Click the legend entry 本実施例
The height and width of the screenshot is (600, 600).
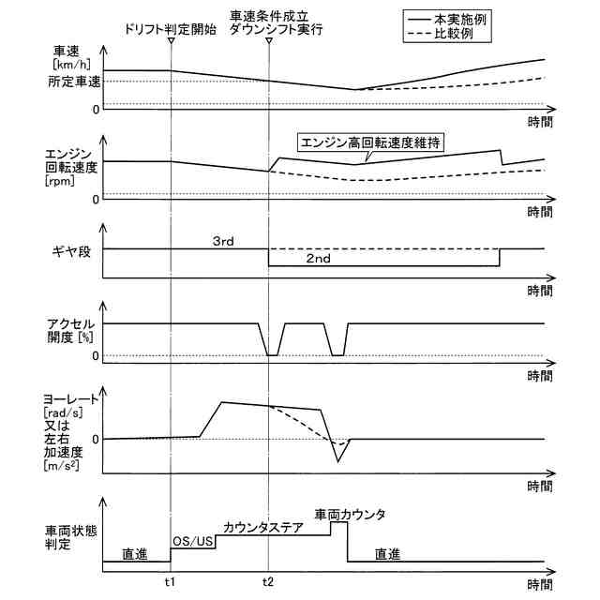pyautogui.click(x=477, y=18)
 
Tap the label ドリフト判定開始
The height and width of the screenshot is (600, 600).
pyautogui.click(x=171, y=29)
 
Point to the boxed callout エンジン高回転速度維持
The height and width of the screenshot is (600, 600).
pyautogui.click(x=370, y=142)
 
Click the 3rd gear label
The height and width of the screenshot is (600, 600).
pyautogui.click(x=223, y=241)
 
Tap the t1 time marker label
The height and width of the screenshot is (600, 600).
pyautogui.click(x=170, y=580)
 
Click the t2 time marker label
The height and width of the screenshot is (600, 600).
pyautogui.click(x=269, y=580)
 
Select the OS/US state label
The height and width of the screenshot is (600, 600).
pyautogui.click(x=193, y=542)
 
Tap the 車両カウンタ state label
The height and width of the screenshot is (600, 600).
pyautogui.click(x=350, y=514)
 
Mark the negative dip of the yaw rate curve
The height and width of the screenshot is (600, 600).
pyautogui.click(x=339, y=460)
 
